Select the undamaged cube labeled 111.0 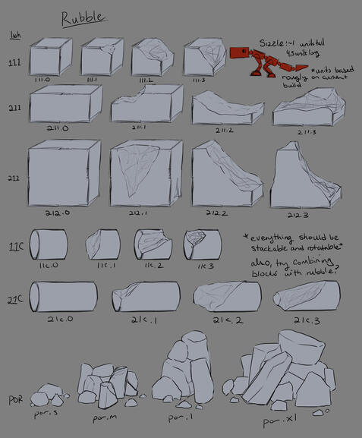[50, 56]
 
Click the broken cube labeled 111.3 [204, 56]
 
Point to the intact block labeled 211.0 [65, 104]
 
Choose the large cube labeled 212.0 [65, 174]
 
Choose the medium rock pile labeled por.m [104, 383]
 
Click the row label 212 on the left [15, 178]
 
